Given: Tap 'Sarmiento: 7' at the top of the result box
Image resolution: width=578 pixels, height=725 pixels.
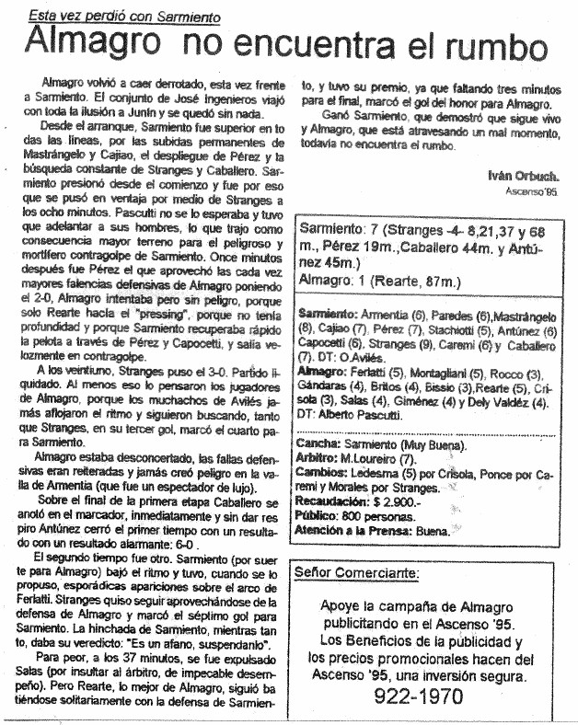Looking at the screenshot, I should click(341, 230).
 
